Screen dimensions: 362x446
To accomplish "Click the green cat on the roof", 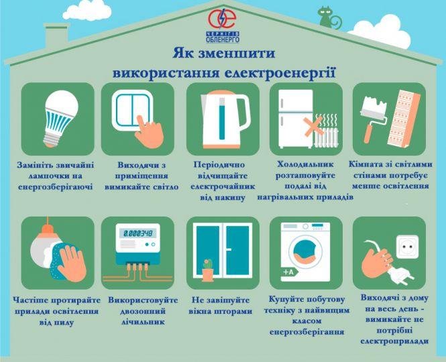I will coord(329,18).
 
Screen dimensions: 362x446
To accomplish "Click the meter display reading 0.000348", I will coord(137,233).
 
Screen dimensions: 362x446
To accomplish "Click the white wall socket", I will coord(407,247).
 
